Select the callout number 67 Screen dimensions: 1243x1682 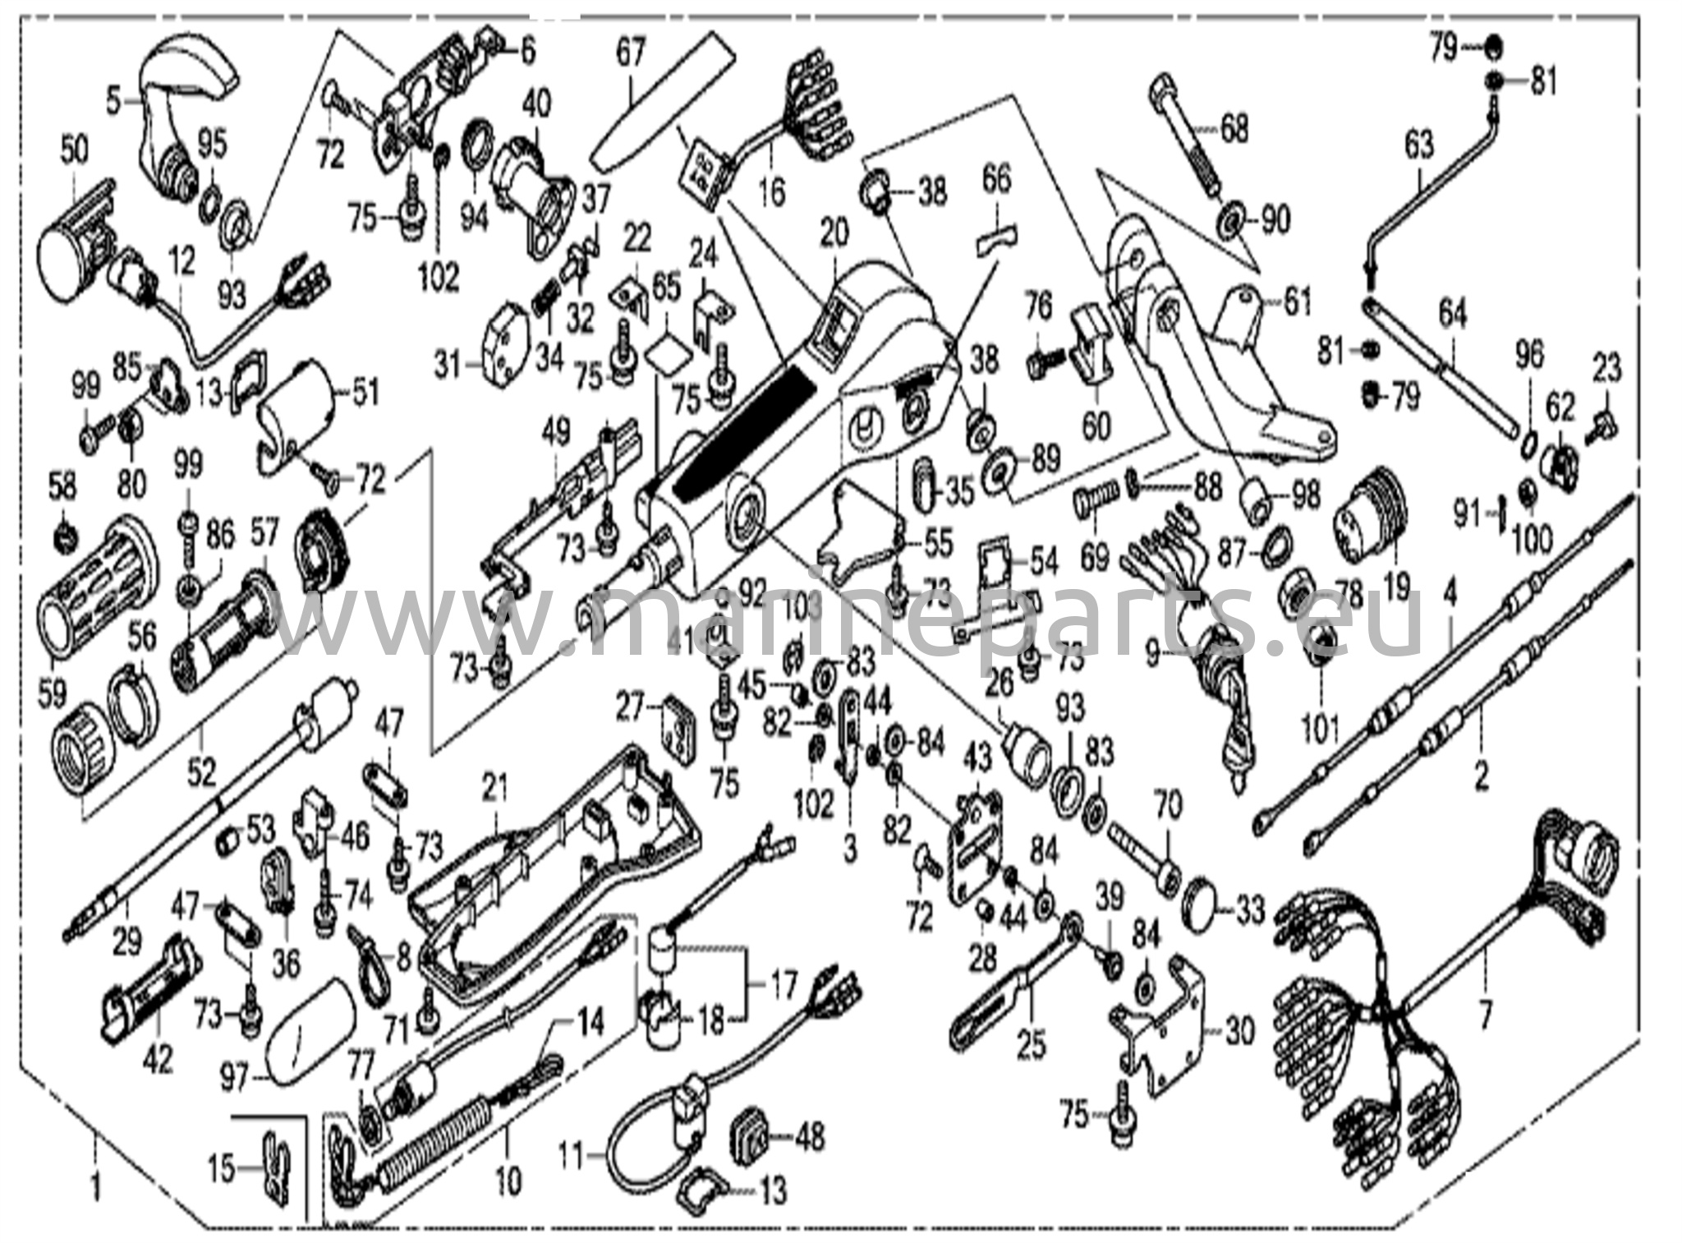point(631,55)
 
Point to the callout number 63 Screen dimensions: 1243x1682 point(1418,145)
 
